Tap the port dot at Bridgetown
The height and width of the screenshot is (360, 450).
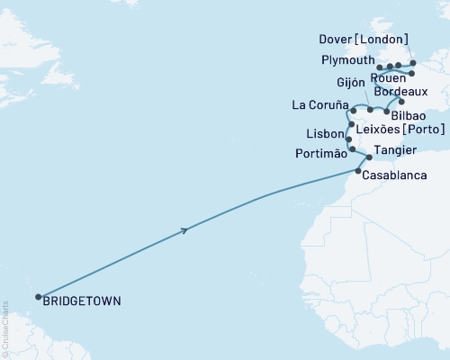click(x=38, y=297)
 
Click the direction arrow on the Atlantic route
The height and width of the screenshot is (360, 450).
click(x=184, y=231)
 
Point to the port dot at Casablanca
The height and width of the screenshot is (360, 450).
click(x=359, y=171)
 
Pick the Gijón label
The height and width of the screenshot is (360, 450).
click(x=351, y=82)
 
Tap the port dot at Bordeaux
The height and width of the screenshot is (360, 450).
click(x=401, y=103)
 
